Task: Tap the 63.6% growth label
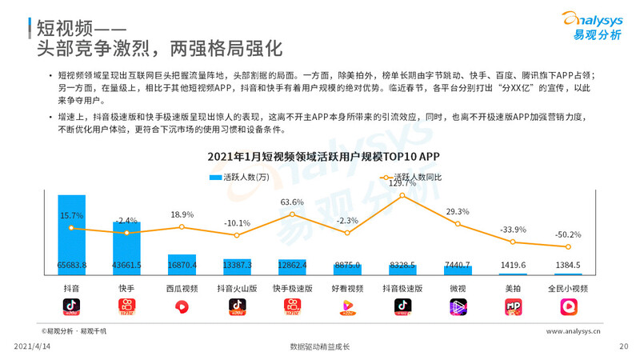[x=293, y=202]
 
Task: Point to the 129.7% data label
[x=402, y=183]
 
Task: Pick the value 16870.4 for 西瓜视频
[x=182, y=265]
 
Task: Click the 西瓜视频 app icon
[x=182, y=306]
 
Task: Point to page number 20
[x=624, y=346]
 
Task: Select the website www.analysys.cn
[x=574, y=330]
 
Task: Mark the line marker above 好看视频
[x=347, y=233]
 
